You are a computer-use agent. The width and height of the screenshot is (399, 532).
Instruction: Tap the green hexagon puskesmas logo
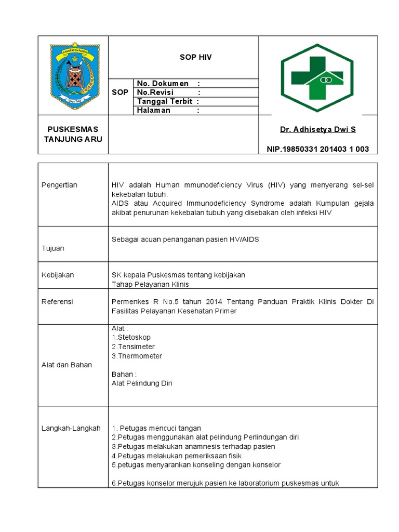(x=317, y=78)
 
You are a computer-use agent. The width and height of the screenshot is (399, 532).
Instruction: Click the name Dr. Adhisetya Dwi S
(x=318, y=129)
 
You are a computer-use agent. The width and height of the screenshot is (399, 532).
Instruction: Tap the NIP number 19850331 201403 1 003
(x=318, y=149)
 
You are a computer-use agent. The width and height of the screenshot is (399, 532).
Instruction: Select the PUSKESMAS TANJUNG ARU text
(x=73, y=134)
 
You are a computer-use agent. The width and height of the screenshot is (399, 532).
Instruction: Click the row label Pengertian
(x=59, y=185)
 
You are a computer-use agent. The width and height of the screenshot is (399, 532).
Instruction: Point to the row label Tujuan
(x=53, y=248)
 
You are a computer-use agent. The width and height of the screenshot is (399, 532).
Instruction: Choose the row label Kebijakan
(x=58, y=275)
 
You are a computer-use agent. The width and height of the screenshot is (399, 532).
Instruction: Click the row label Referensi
(x=57, y=302)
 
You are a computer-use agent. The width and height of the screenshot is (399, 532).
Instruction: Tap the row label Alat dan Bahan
(x=66, y=365)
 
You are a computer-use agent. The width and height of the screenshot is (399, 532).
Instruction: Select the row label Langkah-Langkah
(x=71, y=428)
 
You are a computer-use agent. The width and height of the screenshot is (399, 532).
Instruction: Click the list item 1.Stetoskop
(x=131, y=337)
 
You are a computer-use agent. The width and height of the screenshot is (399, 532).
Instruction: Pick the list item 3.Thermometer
(x=137, y=356)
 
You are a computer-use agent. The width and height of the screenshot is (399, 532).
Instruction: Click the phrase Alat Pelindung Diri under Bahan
(x=142, y=383)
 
